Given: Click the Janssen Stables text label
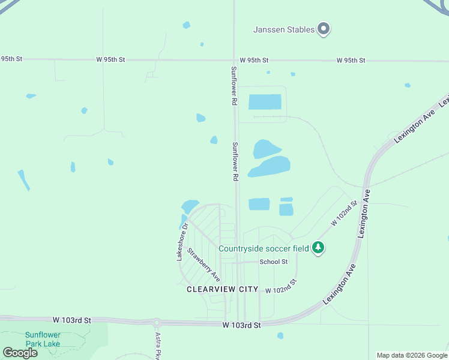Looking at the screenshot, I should [x=284, y=29].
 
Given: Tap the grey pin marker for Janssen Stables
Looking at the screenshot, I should [x=324, y=28].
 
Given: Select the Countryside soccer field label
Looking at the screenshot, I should [x=264, y=248].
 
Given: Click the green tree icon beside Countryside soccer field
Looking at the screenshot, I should [x=318, y=247].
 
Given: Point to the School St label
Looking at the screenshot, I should [x=274, y=262].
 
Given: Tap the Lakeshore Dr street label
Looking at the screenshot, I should [x=182, y=241].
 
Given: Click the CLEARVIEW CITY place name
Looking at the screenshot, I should [x=222, y=289].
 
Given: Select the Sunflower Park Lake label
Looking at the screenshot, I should [x=43, y=340].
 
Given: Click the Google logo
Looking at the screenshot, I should [x=20, y=352].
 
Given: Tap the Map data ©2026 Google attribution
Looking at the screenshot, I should [x=412, y=355].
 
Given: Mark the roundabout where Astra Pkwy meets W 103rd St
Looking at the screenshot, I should [x=157, y=322].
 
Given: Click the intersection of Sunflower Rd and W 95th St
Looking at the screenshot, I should [x=234, y=60].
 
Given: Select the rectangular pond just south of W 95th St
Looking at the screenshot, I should [x=265, y=101].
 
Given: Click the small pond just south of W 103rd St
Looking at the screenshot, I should [x=280, y=335].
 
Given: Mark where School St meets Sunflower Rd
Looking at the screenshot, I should [x=237, y=262].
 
